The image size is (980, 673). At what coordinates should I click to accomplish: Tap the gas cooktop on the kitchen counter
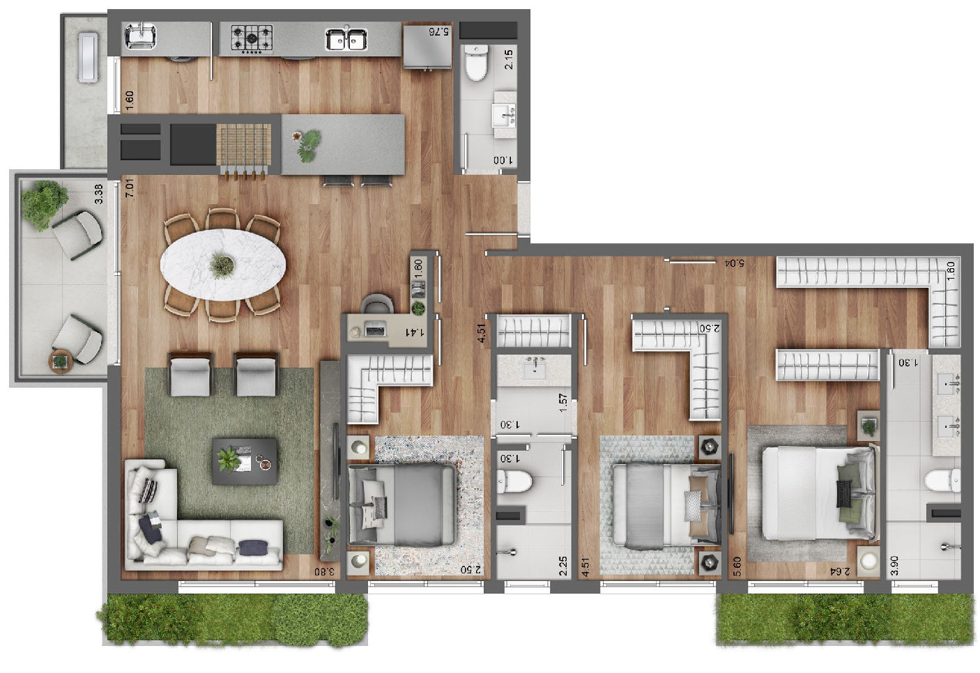click(x=252, y=38)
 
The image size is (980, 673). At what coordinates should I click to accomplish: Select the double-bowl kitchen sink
click(x=346, y=38)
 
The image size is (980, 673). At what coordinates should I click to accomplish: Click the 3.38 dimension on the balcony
click(x=99, y=194)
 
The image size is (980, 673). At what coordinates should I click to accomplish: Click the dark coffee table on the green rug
click(x=244, y=461)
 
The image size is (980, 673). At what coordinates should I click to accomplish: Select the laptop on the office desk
click(x=376, y=330)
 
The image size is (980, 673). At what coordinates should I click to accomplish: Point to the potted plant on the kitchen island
click(x=307, y=145)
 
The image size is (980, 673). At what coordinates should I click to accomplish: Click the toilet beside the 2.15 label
click(x=477, y=64)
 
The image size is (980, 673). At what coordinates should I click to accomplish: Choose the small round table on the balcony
click(x=61, y=360)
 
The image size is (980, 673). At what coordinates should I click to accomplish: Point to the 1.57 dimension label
click(x=563, y=403)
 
